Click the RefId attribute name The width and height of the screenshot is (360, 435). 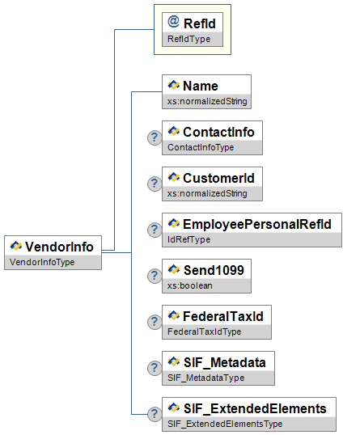[x=200, y=23]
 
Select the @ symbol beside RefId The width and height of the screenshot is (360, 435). [x=173, y=22]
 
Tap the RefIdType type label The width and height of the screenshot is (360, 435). [x=189, y=39]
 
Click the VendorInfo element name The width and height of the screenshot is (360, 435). [x=59, y=247]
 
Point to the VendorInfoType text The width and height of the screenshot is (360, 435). [x=42, y=262]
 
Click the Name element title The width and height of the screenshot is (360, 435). [x=201, y=86]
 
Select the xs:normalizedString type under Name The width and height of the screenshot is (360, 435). [x=207, y=101]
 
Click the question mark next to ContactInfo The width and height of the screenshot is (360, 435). [x=155, y=137]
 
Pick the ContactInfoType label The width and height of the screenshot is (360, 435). [x=201, y=147]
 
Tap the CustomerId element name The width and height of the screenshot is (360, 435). [x=218, y=178]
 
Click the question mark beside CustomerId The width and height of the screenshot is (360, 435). [x=155, y=184]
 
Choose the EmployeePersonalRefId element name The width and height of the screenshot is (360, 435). [x=257, y=224]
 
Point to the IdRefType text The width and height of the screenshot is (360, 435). [x=189, y=239]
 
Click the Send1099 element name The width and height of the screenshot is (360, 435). [x=214, y=270]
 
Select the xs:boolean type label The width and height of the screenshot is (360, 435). [x=190, y=285]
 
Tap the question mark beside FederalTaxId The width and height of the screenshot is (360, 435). [x=155, y=322]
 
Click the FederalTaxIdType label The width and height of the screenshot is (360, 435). [x=205, y=332]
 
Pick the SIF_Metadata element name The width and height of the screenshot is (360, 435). [x=225, y=362]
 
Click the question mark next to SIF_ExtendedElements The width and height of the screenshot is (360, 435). [x=155, y=414]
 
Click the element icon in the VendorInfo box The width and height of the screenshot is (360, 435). [x=16, y=246]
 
